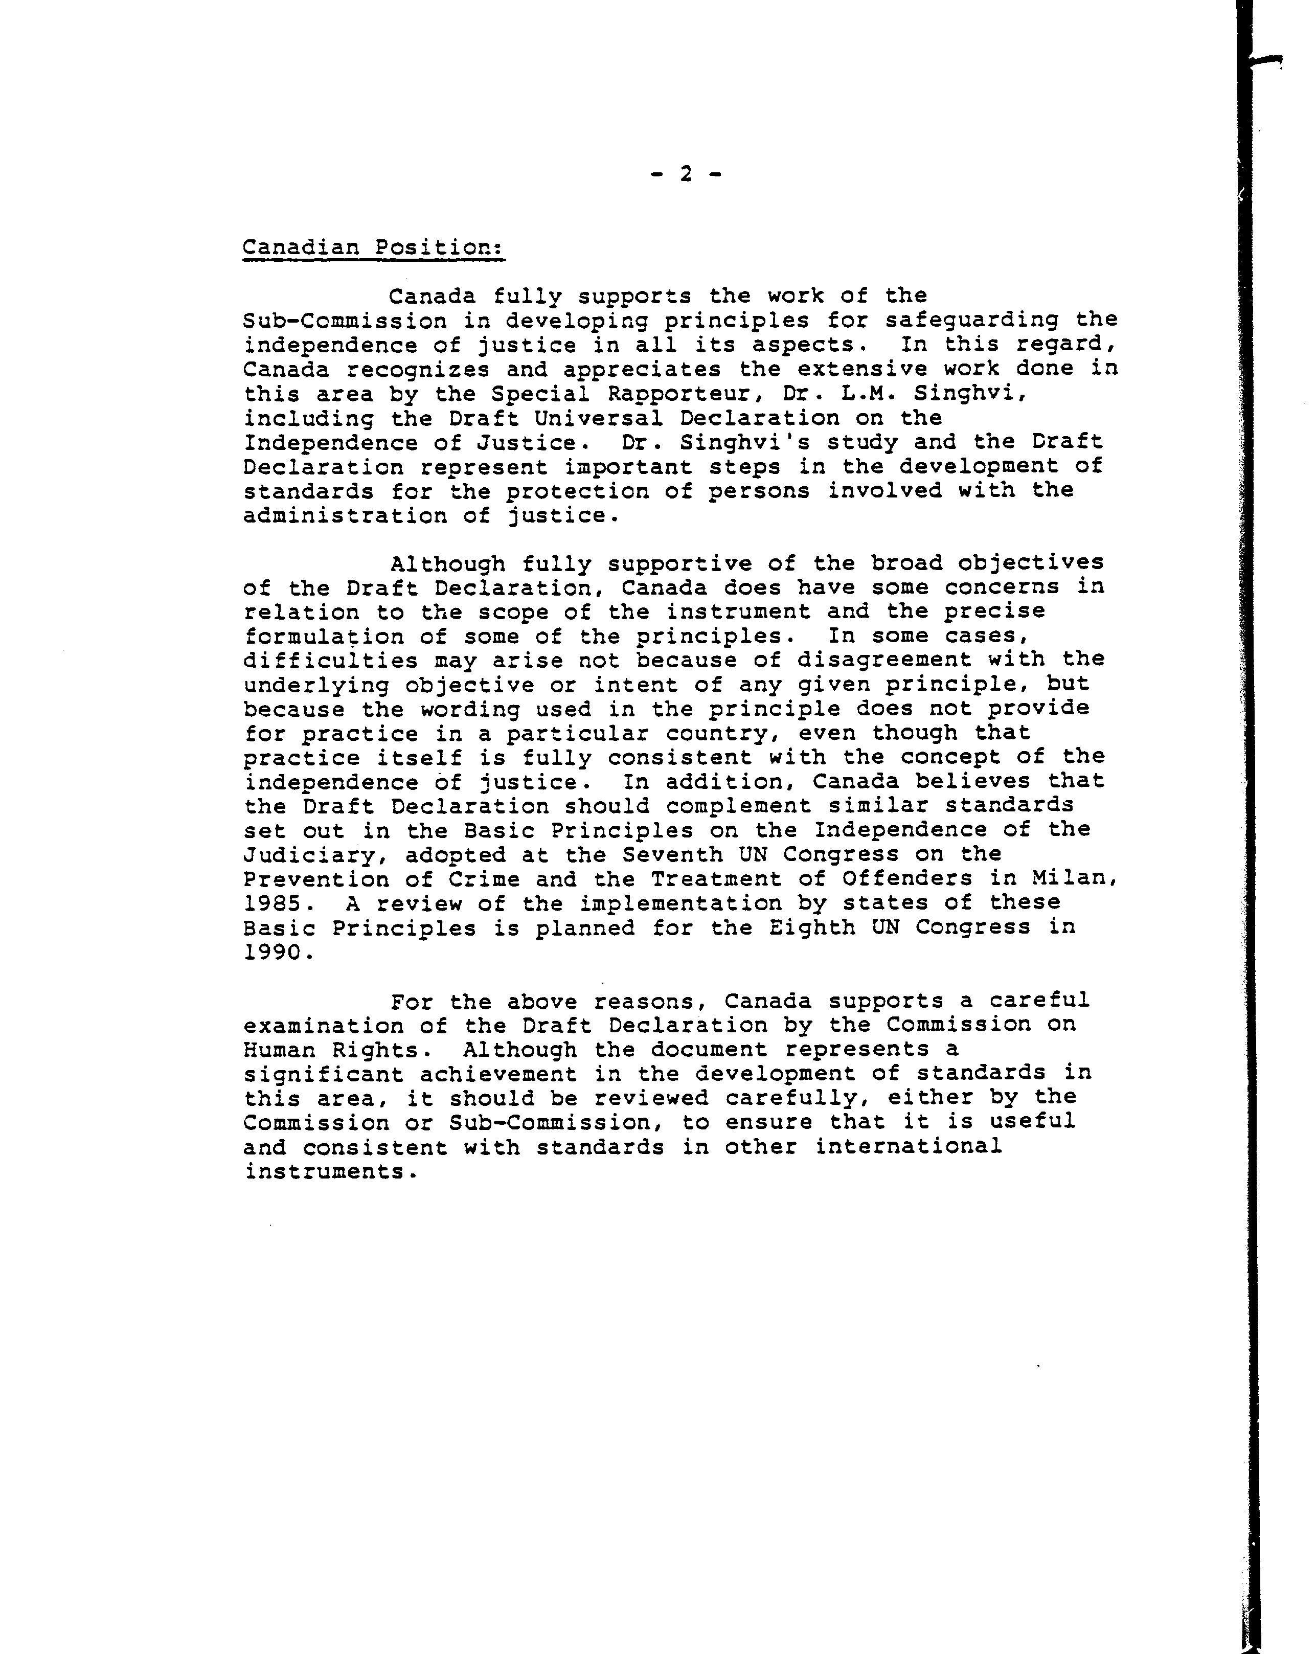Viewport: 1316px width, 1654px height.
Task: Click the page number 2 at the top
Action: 685,175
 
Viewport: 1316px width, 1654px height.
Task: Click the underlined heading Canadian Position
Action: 374,248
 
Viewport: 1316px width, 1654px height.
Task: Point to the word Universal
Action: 599,419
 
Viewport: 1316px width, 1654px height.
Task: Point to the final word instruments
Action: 330,1172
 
